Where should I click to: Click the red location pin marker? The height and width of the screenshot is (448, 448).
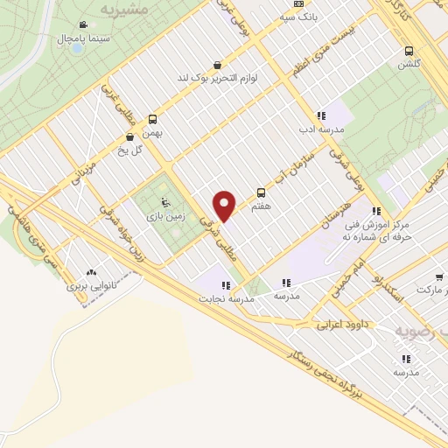(225, 206)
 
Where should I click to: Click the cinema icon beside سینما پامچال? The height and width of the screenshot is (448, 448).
(82, 24)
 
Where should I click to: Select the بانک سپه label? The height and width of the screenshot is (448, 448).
(299, 16)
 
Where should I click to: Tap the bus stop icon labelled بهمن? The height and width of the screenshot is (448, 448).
(153, 120)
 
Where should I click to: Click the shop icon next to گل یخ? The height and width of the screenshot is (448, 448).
(130, 136)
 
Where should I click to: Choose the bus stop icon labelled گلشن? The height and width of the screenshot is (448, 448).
(409, 50)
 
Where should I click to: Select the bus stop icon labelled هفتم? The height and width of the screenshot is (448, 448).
(260, 192)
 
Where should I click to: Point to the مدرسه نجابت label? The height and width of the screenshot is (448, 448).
(231, 299)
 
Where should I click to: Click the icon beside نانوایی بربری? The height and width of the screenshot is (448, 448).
(91, 270)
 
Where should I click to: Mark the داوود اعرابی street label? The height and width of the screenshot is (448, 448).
(342, 325)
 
